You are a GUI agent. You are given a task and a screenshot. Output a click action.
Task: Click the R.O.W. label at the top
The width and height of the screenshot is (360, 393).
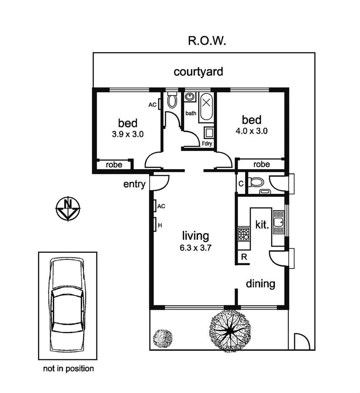(x=207, y=40)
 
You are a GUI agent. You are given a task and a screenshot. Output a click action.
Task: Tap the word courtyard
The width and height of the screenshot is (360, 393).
(x=198, y=71)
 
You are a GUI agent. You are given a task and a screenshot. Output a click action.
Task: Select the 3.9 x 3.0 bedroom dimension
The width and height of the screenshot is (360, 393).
(x=128, y=134)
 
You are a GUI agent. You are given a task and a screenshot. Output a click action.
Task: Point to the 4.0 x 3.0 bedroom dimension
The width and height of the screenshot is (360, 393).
(x=252, y=131)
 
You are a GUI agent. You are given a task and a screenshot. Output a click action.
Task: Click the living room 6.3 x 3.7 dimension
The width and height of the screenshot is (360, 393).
(x=195, y=249)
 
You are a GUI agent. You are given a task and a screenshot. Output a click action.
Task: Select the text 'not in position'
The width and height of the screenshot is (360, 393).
(x=68, y=369)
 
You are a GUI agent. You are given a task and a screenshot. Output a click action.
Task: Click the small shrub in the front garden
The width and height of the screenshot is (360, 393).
(x=162, y=338)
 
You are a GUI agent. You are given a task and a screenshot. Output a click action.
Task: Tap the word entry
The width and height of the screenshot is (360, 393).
(x=134, y=184)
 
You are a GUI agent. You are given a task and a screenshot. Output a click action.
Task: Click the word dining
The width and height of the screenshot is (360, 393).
(x=260, y=283)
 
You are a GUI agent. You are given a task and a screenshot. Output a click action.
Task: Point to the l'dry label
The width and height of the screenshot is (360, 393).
(x=207, y=143)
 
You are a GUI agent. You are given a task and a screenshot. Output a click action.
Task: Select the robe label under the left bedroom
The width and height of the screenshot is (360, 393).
(x=114, y=164)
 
